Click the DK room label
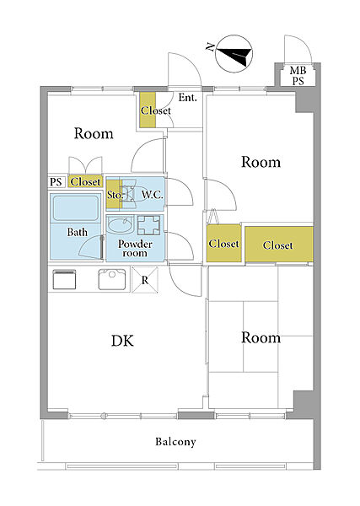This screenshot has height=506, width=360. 122,341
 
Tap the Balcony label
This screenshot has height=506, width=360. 175,442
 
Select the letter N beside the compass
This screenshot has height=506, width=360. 210,47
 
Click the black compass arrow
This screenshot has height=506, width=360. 236,55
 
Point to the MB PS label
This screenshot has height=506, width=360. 298,75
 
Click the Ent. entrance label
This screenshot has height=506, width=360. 188,98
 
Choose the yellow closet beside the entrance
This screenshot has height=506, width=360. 148,110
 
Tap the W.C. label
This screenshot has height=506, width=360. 153,195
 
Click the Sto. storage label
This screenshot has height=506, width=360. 116,195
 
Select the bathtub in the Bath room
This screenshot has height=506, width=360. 76,208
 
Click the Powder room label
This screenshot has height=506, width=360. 135,248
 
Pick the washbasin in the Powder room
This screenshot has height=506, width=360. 120,224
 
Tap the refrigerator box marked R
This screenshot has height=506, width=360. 145,279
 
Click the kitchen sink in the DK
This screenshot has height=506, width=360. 111,279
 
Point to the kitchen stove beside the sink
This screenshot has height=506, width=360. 64,279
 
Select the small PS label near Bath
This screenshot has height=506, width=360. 56,182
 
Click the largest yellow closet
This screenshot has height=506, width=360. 279,244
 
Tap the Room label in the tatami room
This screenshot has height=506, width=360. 261,337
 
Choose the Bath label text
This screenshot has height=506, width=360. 77,232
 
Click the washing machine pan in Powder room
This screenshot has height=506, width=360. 148,225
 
